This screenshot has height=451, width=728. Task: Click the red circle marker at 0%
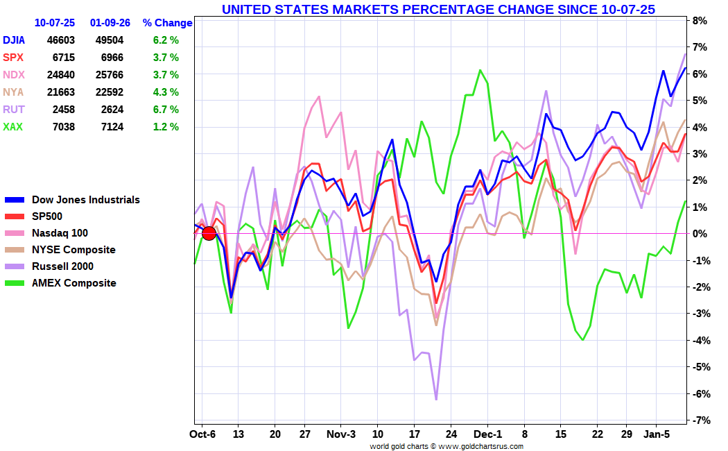[209, 233]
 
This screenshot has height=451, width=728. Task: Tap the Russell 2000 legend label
[62, 266]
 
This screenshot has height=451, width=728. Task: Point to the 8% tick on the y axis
[698, 21]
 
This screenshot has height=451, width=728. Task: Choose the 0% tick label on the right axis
[698, 234]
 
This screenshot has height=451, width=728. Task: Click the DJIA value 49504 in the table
[110, 40]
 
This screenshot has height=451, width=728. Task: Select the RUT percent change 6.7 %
[166, 110]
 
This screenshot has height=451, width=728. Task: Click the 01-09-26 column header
[110, 23]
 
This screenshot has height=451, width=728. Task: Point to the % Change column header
[167, 23]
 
